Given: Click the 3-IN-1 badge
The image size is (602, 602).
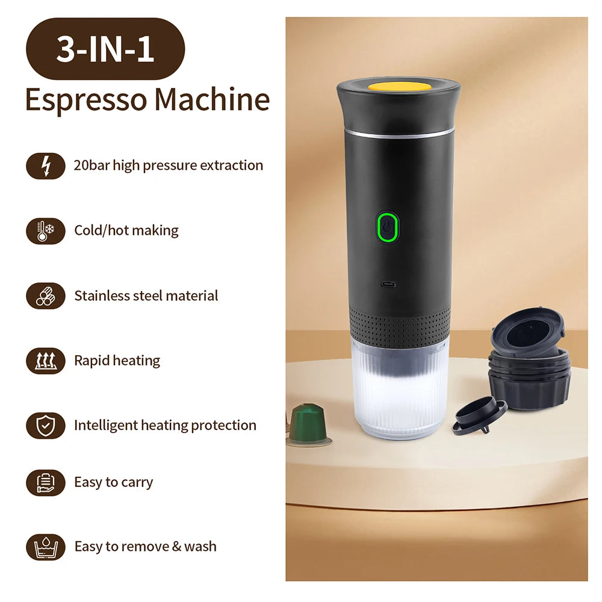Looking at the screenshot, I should click(x=105, y=49).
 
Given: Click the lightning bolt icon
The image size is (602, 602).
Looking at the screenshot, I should click(x=46, y=166).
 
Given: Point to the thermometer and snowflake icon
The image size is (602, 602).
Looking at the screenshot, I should click(x=46, y=231).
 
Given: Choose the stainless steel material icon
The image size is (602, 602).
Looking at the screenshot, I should click(x=46, y=296).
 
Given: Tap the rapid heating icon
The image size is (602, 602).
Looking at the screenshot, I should click(x=46, y=361).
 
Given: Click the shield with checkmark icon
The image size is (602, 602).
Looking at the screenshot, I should click(x=46, y=426).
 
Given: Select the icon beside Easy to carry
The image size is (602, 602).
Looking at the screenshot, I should click(x=46, y=482).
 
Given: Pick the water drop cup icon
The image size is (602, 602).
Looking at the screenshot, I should click(x=46, y=547).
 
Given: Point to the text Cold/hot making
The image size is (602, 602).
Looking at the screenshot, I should click(x=126, y=231).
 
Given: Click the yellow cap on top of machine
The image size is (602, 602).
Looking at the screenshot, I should click(x=399, y=86).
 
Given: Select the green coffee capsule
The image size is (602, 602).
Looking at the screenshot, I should click(x=308, y=423).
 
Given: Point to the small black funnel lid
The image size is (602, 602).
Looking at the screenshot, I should click(x=479, y=415).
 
